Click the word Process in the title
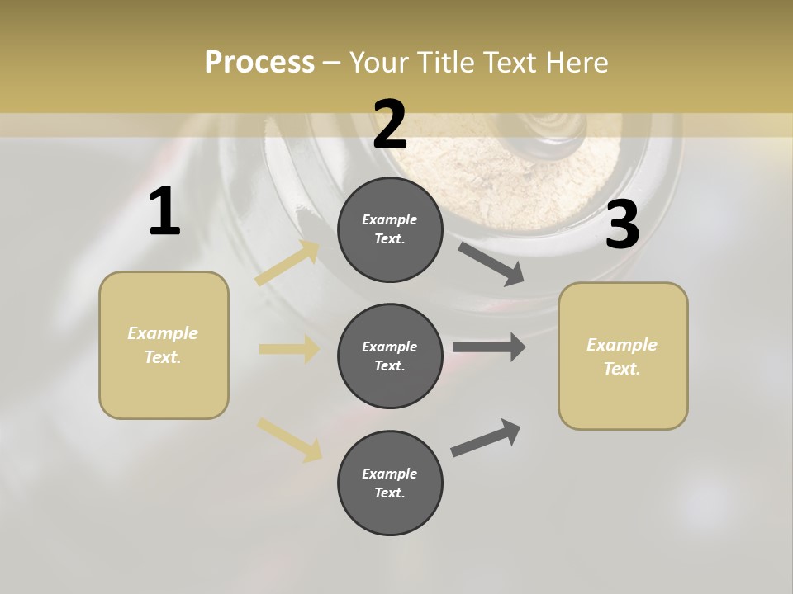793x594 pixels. coord(259,63)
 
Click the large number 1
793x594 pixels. coord(164,212)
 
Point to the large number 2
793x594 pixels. coord(390,125)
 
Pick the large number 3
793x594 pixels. coord(622,225)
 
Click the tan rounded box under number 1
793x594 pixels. coord(164,345)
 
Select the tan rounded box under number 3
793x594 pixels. coord(623,356)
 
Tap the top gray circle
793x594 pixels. coord(390,229)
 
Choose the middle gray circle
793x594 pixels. coord(390,356)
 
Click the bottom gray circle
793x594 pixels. coord(390,483)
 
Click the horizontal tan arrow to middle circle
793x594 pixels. coord(289,349)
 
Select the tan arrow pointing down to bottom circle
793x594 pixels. coord(289,439)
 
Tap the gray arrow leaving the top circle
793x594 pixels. coord(491,263)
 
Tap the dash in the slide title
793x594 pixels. coord(331,63)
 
